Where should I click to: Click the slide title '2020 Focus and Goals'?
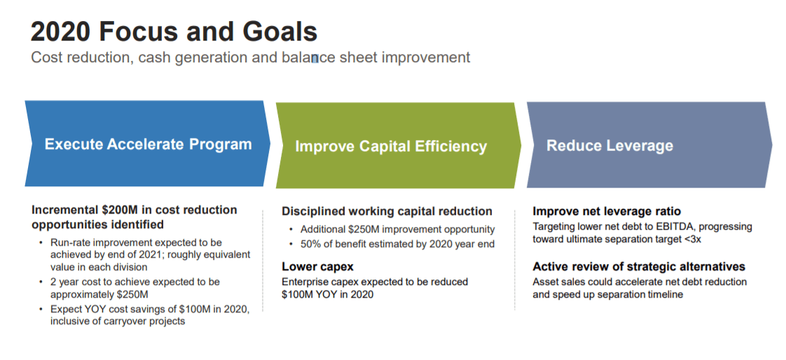(x=174, y=32)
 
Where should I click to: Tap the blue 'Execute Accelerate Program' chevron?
(x=147, y=144)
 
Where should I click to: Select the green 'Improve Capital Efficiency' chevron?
(x=398, y=146)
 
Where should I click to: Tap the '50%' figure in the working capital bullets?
(x=311, y=244)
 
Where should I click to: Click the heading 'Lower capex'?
(x=318, y=266)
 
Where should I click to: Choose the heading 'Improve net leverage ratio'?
(x=607, y=211)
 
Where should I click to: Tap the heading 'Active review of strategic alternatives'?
(x=639, y=266)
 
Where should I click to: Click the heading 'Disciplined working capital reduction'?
(x=387, y=211)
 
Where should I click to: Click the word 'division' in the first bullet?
(x=129, y=268)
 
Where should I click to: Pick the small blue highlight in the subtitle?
(x=315, y=58)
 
